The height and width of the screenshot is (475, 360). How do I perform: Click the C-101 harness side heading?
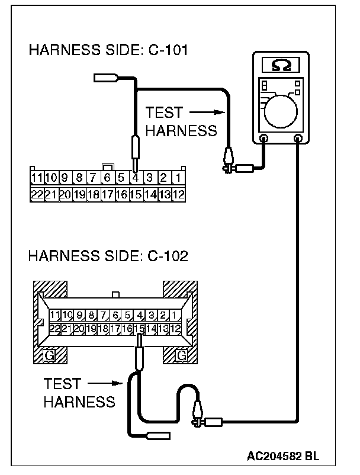point(108,50)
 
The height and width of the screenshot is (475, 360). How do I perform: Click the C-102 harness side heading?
point(108,256)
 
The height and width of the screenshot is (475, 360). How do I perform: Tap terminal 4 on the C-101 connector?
point(136,177)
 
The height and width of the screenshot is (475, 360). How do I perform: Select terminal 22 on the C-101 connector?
point(37,194)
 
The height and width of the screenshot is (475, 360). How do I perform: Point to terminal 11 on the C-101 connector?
point(37,177)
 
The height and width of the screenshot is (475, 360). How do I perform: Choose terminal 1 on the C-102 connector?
point(176,315)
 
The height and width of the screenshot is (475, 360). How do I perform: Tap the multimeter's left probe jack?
point(264,139)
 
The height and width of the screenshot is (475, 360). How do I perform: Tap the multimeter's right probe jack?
point(298,139)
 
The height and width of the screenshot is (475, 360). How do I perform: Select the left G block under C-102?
point(50,355)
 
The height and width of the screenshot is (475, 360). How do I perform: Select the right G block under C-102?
point(181,355)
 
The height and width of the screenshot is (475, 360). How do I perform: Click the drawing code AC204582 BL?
point(283,457)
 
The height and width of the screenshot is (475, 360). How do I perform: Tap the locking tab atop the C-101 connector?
point(108,167)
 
